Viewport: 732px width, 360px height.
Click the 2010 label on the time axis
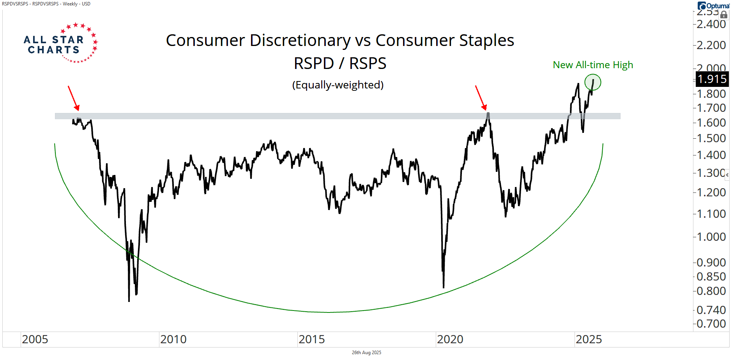click(173, 339)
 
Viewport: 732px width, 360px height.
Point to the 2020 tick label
click(450, 339)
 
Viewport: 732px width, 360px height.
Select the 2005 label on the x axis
click(35, 339)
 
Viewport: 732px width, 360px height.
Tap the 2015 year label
click(312, 339)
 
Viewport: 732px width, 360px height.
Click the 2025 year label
click(589, 339)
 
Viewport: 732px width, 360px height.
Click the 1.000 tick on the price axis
click(711, 237)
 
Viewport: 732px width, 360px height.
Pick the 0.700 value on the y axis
click(711, 324)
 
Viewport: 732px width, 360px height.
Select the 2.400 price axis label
click(711, 24)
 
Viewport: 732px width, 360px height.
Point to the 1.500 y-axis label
click(711, 138)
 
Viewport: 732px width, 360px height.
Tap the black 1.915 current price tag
click(712, 79)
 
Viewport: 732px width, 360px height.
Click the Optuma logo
click(713, 6)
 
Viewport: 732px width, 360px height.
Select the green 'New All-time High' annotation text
click(592, 65)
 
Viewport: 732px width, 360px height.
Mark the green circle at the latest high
click(593, 82)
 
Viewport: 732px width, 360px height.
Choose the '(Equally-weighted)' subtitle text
click(338, 85)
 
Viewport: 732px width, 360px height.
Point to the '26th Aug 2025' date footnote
click(366, 353)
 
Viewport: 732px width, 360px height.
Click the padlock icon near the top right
click(724, 15)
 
